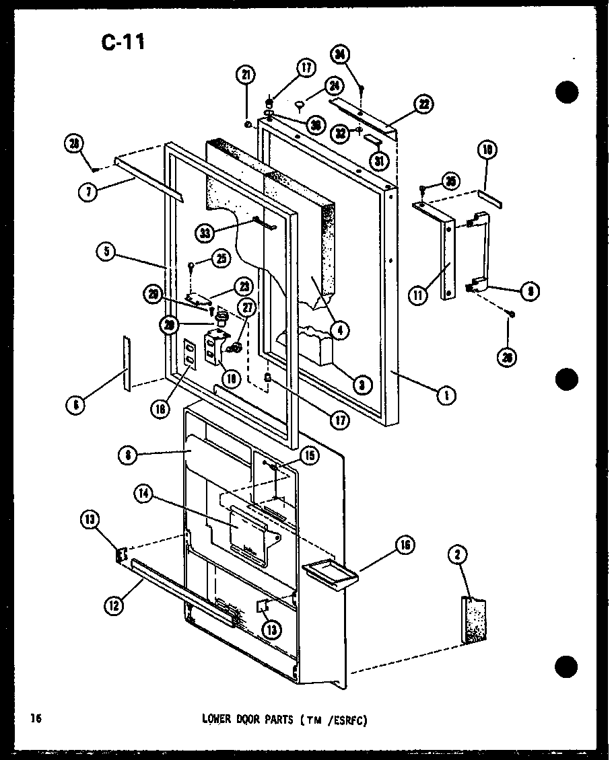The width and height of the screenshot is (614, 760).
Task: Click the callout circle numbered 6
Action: (75, 405)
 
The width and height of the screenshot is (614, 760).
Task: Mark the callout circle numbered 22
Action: (424, 104)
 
